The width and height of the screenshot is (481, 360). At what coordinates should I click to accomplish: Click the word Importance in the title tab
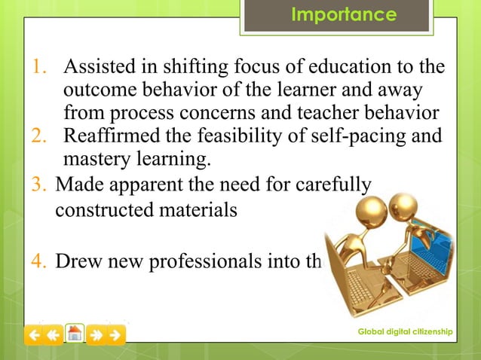pos(344,14)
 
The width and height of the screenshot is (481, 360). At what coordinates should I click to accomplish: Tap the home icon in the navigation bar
pos(75,334)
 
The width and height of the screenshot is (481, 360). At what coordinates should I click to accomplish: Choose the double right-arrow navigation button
pos(96,334)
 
